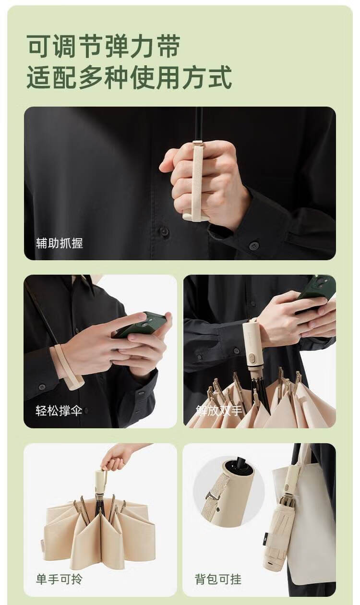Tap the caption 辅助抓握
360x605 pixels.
59,243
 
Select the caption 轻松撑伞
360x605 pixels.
59,411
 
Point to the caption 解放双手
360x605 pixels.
219,411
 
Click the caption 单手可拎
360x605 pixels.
59,579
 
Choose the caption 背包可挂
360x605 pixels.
218,579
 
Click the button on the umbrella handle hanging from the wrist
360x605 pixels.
252,359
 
